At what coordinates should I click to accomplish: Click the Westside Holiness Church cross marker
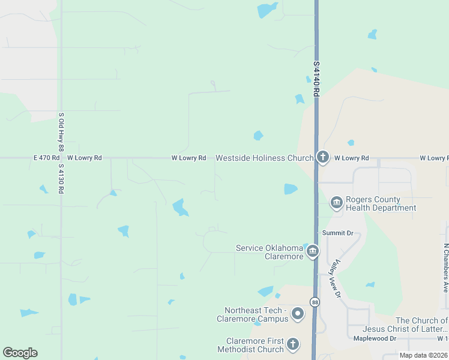[x=323, y=158]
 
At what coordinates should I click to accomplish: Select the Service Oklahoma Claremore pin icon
[x=312, y=251]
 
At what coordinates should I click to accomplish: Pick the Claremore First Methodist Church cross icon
[x=292, y=344]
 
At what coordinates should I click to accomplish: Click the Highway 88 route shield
[x=315, y=301]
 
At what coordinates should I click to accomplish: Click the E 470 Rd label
[x=46, y=158]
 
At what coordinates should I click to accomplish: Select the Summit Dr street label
[x=337, y=233]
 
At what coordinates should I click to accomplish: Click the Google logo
[x=20, y=353]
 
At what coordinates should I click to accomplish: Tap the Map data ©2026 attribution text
[x=423, y=355]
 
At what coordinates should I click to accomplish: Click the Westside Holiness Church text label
[x=264, y=158]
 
